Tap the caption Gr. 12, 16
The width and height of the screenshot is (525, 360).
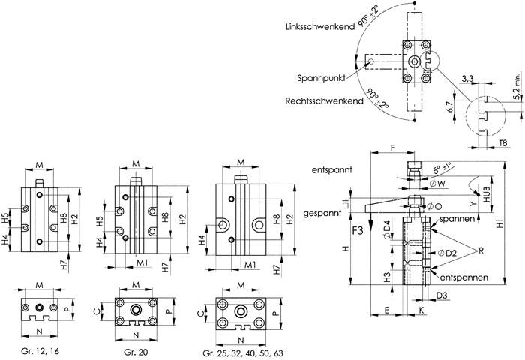[x=40, y=352]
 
